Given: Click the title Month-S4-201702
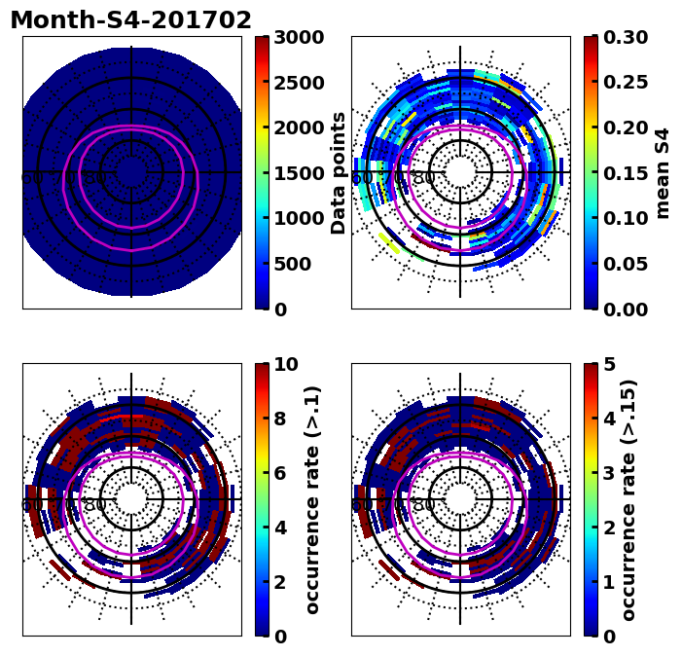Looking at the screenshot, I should [130, 20].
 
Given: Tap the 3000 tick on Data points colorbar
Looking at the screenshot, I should [299, 38].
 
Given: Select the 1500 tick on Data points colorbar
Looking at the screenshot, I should [299, 173].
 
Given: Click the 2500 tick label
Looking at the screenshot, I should [299, 83].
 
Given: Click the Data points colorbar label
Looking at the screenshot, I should [339, 172].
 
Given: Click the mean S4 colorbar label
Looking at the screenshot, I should [663, 172].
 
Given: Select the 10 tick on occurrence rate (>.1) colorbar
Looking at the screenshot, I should [286, 365].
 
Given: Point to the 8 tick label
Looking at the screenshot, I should [280, 419].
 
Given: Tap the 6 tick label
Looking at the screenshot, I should [280, 473].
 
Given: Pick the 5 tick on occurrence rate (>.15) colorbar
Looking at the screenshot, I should [609, 365].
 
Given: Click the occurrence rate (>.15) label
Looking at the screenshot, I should [628, 499].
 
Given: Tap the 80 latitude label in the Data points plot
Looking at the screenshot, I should [94, 178].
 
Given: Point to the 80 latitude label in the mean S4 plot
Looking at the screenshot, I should [423, 178].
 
